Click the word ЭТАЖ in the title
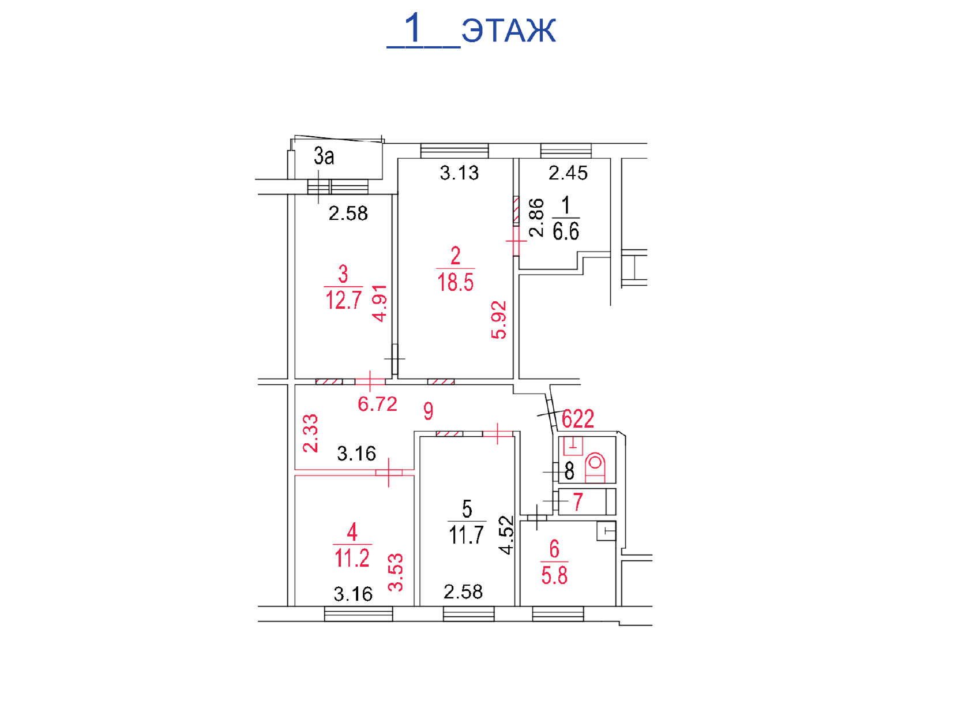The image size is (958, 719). tap(509, 31)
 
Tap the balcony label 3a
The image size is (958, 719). tap(324, 156)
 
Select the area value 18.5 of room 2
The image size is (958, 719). tap(455, 282)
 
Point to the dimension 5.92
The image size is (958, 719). tap(499, 320)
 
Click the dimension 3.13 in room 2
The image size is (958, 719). tap(459, 173)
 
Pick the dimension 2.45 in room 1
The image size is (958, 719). tap(568, 173)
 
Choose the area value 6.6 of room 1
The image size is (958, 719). tap(566, 231)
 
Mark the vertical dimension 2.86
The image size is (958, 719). tap(536, 218)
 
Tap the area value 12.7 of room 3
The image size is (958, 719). tap(344, 300)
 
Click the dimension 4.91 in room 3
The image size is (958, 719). tap(380, 304)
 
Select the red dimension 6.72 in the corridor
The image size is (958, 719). tap(378, 404)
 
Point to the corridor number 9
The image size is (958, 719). tap(429, 411)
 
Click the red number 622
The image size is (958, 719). tap(578, 419)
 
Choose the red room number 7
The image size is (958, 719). tap(578, 501)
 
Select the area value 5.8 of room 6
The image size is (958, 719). tap(554, 575)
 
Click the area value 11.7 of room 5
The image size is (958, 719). tap(467, 535)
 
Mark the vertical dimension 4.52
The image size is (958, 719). tap(507, 535)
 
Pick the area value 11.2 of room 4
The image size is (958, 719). tap(352, 558)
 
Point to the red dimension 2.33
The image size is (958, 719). tap(310, 433)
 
